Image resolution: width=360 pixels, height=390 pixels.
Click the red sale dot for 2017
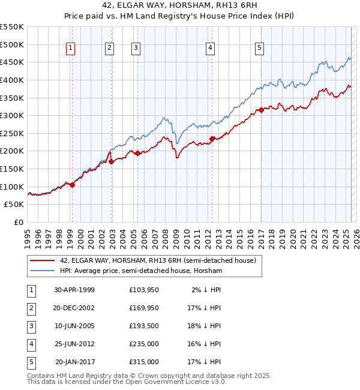[x=261, y=110]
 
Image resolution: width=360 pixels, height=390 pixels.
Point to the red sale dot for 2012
[x=212, y=139]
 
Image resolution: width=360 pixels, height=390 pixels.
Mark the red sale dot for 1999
[x=73, y=185]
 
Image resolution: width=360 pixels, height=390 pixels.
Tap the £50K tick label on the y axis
[x=14, y=205]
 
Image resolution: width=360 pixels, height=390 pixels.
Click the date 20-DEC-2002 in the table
[x=74, y=308]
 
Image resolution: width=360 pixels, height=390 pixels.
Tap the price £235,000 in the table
[x=144, y=344]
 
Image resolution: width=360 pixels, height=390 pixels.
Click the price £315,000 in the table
[x=144, y=362]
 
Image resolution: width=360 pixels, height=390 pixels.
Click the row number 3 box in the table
[x=31, y=326]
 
